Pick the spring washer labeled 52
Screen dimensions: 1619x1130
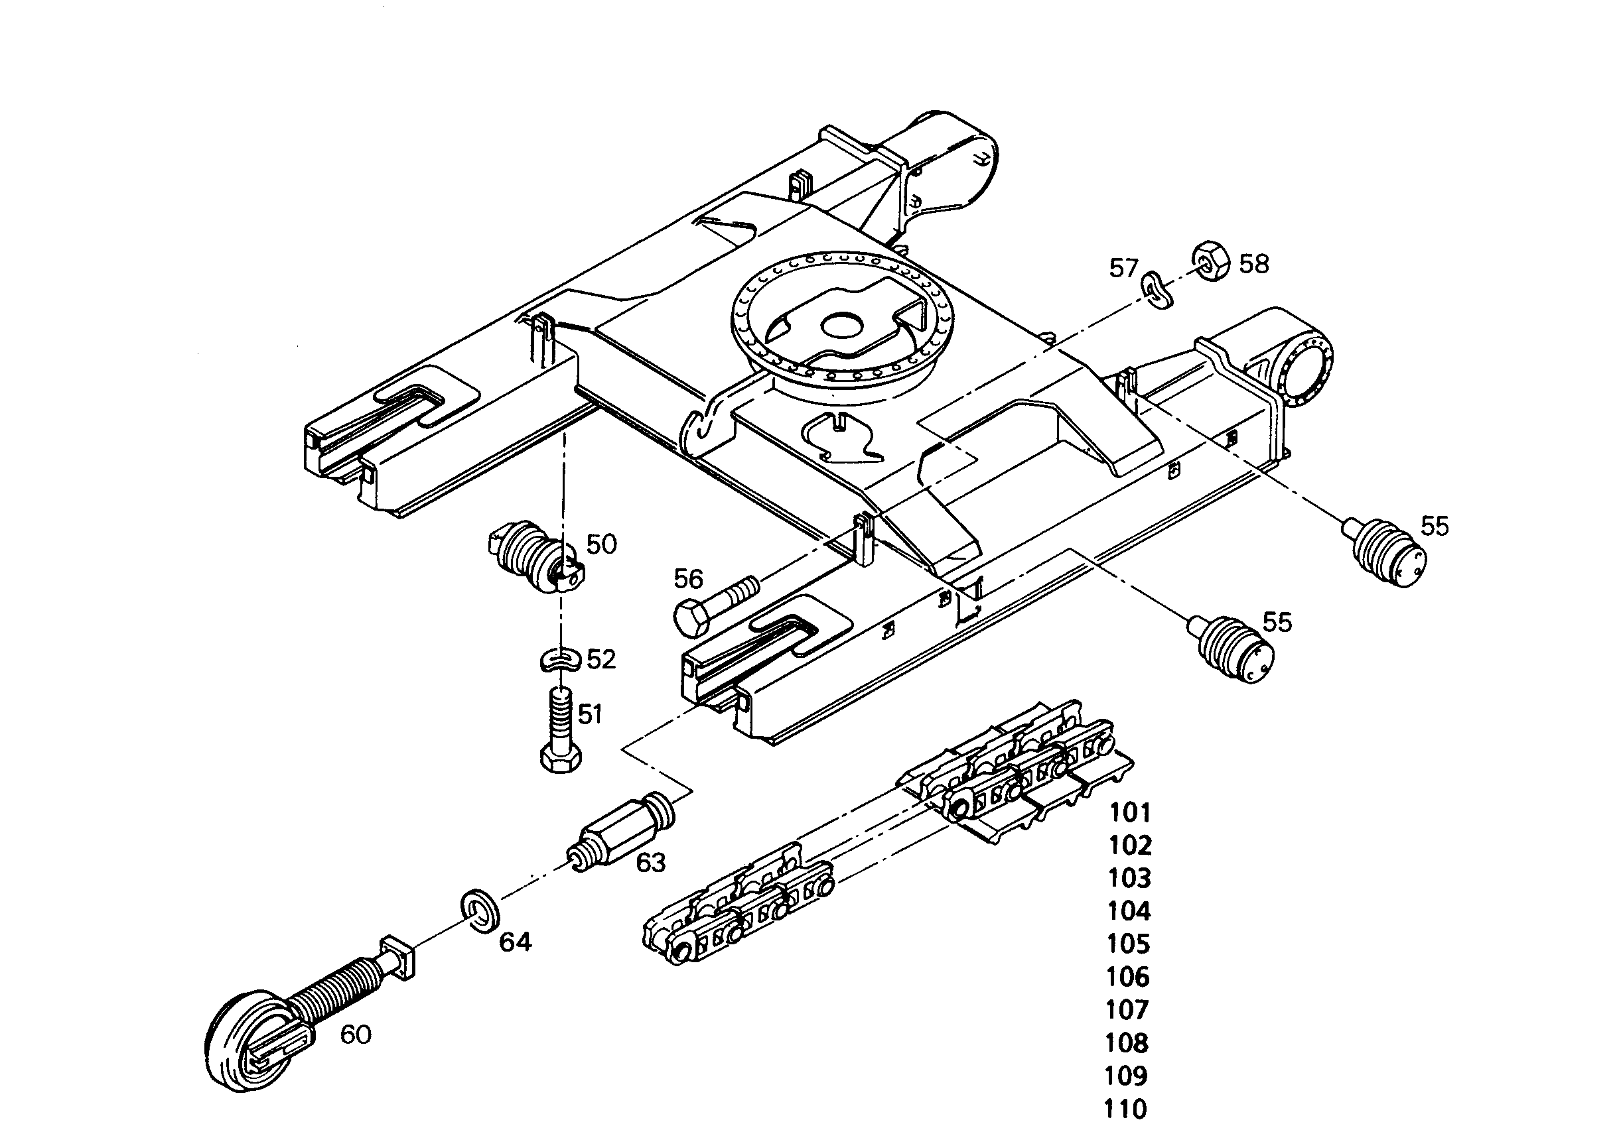tap(560, 661)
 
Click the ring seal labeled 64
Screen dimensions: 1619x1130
tap(481, 909)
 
